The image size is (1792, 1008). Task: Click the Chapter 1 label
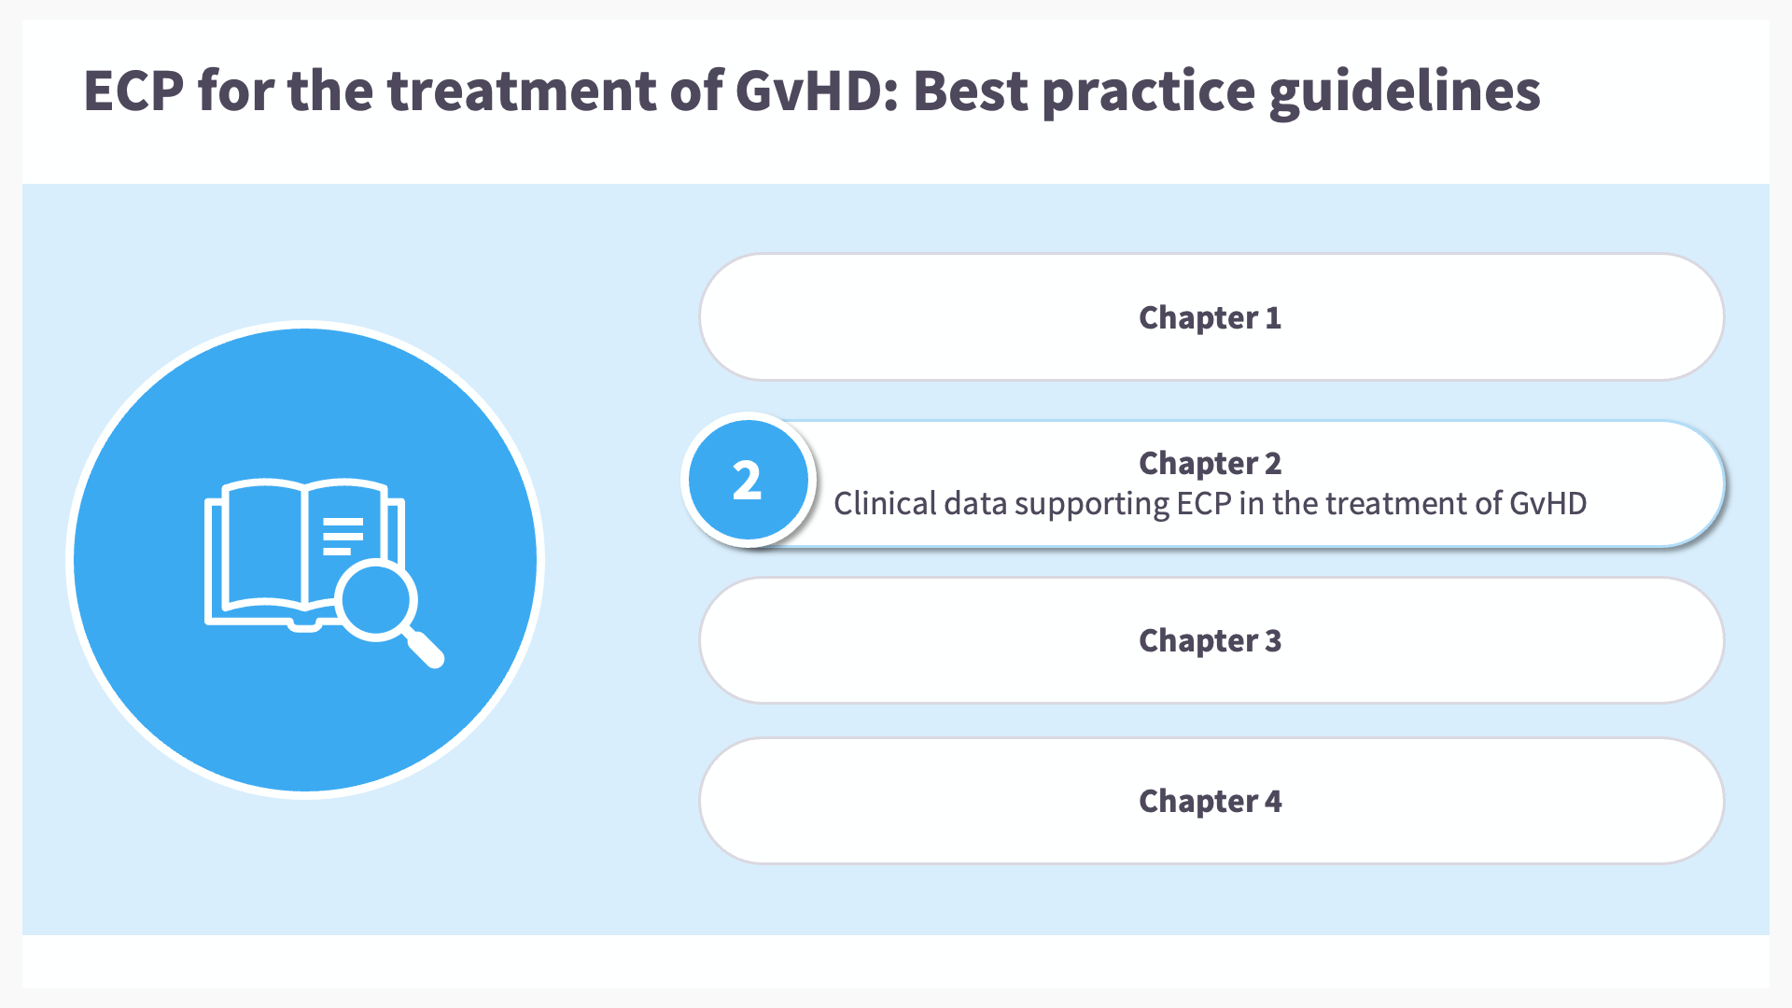(x=1210, y=318)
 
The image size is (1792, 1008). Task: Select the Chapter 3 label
(x=1210, y=641)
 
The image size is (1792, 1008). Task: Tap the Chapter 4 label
(x=1210, y=802)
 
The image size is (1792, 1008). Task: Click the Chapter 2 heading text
(x=1210, y=464)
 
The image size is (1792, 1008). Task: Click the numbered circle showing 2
(x=748, y=480)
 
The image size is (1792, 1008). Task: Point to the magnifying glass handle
(x=425, y=648)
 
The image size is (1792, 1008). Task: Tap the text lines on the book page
(x=343, y=536)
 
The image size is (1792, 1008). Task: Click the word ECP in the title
(x=133, y=91)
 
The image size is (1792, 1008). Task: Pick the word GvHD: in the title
(x=817, y=91)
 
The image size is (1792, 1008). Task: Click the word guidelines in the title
(x=1405, y=92)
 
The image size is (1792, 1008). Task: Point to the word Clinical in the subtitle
(x=885, y=504)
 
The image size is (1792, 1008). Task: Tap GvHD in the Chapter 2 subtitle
(x=1547, y=504)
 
